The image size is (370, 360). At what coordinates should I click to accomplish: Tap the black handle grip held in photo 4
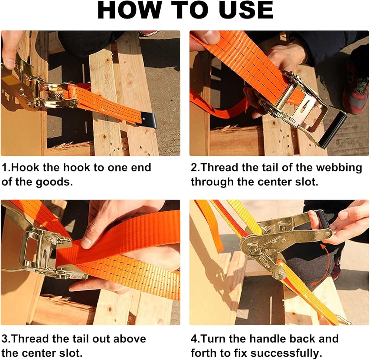(x=323, y=220)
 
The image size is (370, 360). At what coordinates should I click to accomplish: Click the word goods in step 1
(x=54, y=182)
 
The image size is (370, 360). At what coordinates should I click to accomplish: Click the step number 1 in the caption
(x=5, y=167)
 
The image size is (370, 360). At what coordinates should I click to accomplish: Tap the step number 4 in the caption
(x=194, y=339)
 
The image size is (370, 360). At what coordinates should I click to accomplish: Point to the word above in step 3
(x=129, y=339)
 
